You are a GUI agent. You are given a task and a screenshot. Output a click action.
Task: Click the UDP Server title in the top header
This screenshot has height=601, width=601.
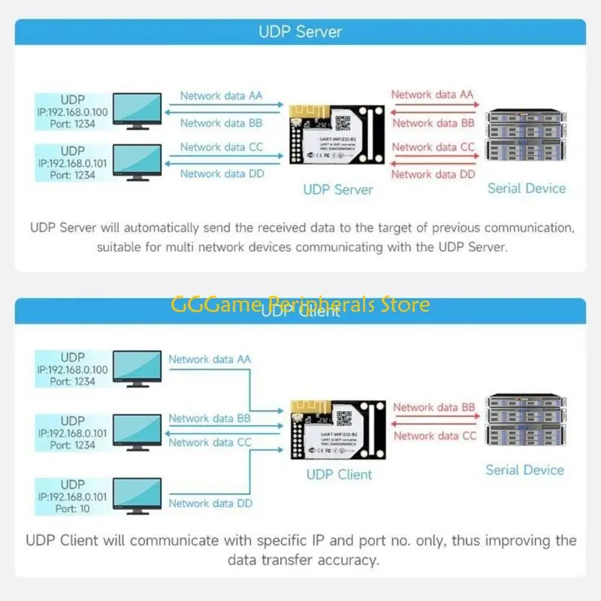pyautogui.click(x=300, y=32)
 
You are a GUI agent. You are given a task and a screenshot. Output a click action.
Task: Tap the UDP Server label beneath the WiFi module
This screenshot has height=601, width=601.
pyautogui.click(x=337, y=189)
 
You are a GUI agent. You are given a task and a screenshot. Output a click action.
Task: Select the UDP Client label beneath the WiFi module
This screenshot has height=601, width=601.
pyautogui.click(x=339, y=474)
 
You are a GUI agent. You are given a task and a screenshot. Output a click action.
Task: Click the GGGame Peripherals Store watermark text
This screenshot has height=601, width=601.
pyautogui.click(x=300, y=304)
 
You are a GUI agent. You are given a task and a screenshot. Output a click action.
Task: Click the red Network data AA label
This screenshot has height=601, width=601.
pyautogui.click(x=432, y=95)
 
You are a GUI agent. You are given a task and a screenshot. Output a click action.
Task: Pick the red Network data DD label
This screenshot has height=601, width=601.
pyautogui.click(x=433, y=174)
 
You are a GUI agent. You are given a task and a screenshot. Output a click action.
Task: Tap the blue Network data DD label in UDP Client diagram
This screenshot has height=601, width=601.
pyautogui.click(x=210, y=503)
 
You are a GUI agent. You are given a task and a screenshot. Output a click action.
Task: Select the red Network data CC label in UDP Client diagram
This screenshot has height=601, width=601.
pyautogui.click(x=435, y=436)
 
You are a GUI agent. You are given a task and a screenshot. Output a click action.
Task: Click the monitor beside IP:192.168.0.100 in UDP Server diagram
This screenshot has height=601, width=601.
pyautogui.click(x=136, y=111)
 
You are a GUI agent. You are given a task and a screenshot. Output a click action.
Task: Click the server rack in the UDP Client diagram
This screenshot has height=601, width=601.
pyautogui.click(x=524, y=422)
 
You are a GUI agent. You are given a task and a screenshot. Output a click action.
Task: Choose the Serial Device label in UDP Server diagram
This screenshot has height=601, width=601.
pyautogui.click(x=526, y=189)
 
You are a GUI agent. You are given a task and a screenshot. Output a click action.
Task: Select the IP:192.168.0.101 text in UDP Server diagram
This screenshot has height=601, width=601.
pyautogui.click(x=72, y=163)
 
